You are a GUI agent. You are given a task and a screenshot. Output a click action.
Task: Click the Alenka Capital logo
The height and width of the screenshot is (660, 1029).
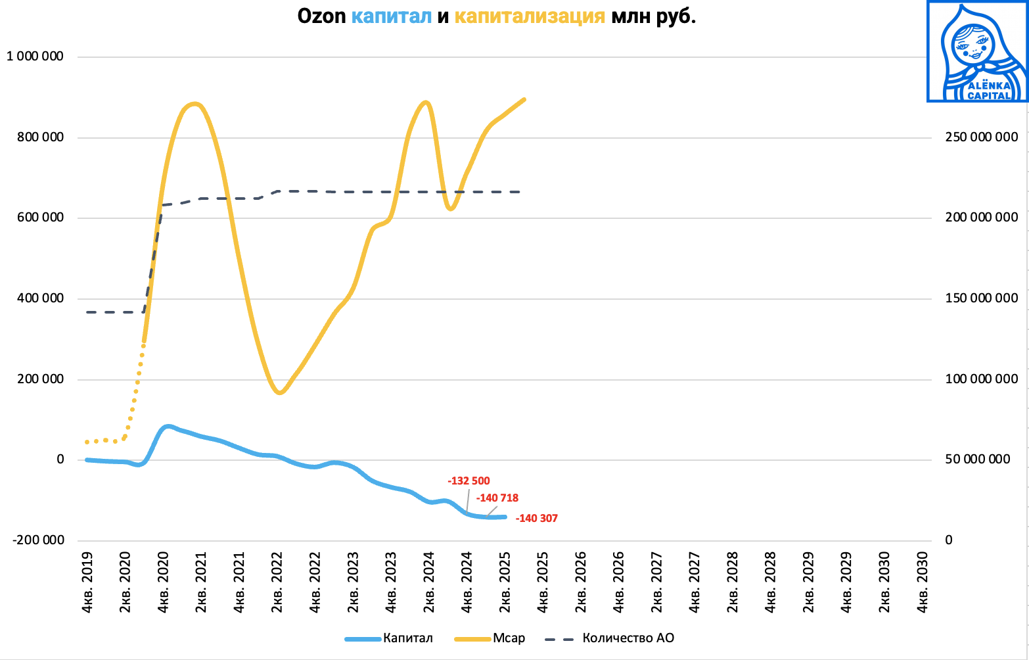pos(977,51)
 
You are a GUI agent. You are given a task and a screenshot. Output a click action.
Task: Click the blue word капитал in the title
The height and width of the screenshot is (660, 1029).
pos(392,16)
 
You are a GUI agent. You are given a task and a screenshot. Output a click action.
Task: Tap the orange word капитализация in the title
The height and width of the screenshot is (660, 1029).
pos(530,16)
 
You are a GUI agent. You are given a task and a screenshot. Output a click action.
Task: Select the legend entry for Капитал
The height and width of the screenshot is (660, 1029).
pos(407,638)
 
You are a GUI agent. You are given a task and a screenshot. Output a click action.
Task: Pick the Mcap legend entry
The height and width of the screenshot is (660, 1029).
pos(509,638)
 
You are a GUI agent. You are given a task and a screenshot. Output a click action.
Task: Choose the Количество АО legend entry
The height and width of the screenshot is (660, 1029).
pos(628,638)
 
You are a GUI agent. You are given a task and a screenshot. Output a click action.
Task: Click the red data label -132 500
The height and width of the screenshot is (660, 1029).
pos(469,481)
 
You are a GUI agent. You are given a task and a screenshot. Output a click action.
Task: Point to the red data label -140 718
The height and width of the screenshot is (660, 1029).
pos(497,498)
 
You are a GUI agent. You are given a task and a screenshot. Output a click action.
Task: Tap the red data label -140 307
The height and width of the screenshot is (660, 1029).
pos(537,519)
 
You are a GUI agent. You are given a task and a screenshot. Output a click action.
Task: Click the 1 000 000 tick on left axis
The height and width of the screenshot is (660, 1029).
pos(35,57)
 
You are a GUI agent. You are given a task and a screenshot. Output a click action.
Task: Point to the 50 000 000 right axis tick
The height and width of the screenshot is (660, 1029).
pos(978,460)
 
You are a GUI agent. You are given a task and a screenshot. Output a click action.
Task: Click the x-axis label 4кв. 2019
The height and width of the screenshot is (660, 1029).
pos(87,582)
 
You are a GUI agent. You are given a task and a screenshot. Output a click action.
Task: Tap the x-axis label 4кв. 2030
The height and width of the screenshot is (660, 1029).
pos(923,582)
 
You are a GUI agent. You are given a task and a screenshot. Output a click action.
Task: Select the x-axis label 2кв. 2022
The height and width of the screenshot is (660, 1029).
pos(277,582)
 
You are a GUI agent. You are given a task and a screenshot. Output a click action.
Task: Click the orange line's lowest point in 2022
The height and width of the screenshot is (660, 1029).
pos(280,393)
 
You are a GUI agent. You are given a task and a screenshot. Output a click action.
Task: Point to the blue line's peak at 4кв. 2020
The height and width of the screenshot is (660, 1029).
pos(168,427)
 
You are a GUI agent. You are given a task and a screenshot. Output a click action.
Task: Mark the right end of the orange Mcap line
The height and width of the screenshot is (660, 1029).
pos(524,99)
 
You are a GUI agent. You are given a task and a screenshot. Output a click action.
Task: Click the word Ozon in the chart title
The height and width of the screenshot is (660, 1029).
pos(322,16)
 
